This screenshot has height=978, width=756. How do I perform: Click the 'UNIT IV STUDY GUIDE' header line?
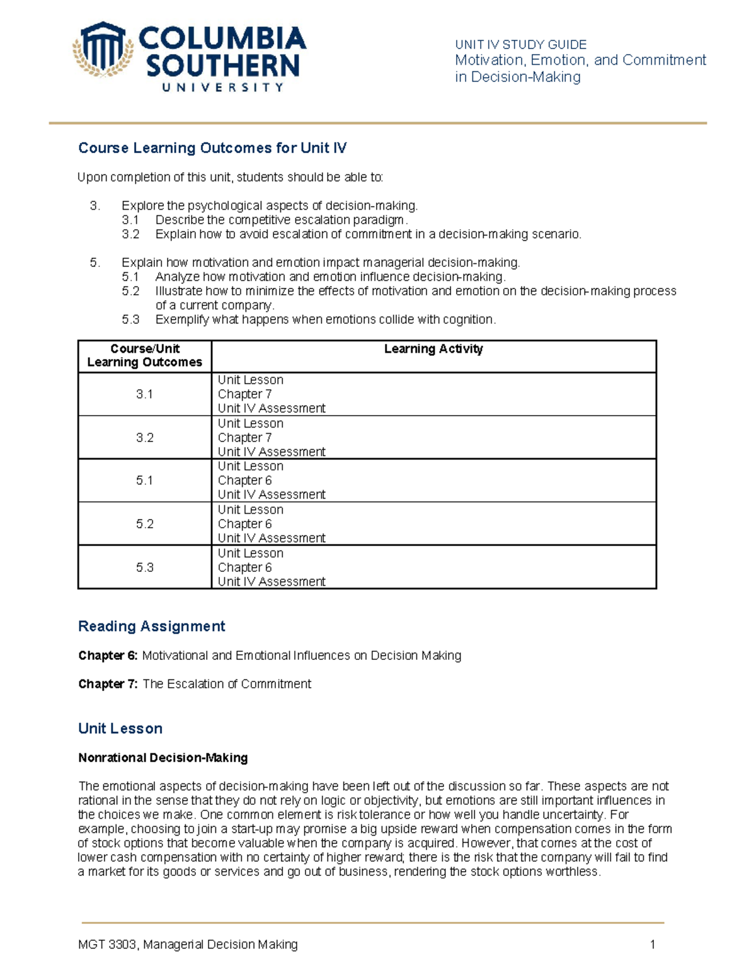[x=520, y=45]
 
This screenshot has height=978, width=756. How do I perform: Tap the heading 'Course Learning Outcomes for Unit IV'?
[x=212, y=148]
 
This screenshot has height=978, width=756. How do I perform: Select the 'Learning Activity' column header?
[x=433, y=349]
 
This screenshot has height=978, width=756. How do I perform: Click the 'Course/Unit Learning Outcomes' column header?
[x=145, y=355]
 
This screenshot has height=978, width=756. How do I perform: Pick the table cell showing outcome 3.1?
[x=145, y=394]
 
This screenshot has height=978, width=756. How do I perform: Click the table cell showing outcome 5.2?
[x=145, y=524]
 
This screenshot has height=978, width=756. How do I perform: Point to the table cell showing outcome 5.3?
[x=145, y=567]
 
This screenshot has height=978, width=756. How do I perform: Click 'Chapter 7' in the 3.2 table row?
[x=244, y=438]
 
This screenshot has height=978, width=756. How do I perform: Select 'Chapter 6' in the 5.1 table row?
[x=244, y=480]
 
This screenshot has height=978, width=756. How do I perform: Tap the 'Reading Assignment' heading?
[x=151, y=626]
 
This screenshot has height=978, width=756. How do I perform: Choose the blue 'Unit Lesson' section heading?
[x=120, y=729]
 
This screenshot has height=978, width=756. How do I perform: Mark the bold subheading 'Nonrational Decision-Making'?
[x=163, y=758]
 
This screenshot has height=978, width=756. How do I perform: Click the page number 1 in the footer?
[x=653, y=945]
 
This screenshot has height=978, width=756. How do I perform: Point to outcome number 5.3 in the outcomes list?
[x=130, y=320]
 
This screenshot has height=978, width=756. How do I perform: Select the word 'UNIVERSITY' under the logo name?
[x=223, y=88]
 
